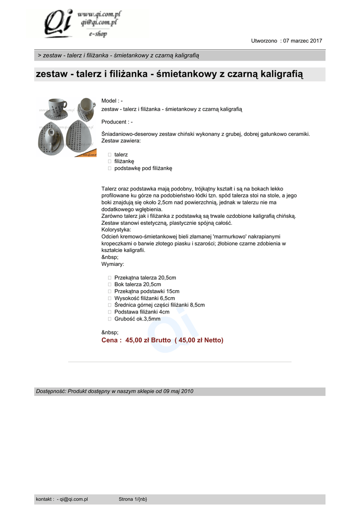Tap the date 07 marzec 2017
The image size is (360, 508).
[302, 41]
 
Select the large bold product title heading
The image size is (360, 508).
[169, 74]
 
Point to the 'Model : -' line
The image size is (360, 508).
[112, 101]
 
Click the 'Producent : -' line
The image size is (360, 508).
[117, 122]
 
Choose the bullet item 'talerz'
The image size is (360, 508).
[121, 155]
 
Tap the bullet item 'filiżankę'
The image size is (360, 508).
[124, 161]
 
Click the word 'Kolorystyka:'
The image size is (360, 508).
[116, 230]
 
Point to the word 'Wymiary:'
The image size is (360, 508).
[112, 264]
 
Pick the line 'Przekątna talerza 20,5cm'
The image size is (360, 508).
[145, 277]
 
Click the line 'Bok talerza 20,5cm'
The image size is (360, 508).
[138, 284]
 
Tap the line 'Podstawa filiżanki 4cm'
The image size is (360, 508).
[142, 312]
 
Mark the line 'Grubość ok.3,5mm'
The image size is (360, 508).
[137, 319]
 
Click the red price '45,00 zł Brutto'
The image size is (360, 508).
[148, 340]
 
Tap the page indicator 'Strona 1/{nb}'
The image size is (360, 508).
[133, 499]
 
